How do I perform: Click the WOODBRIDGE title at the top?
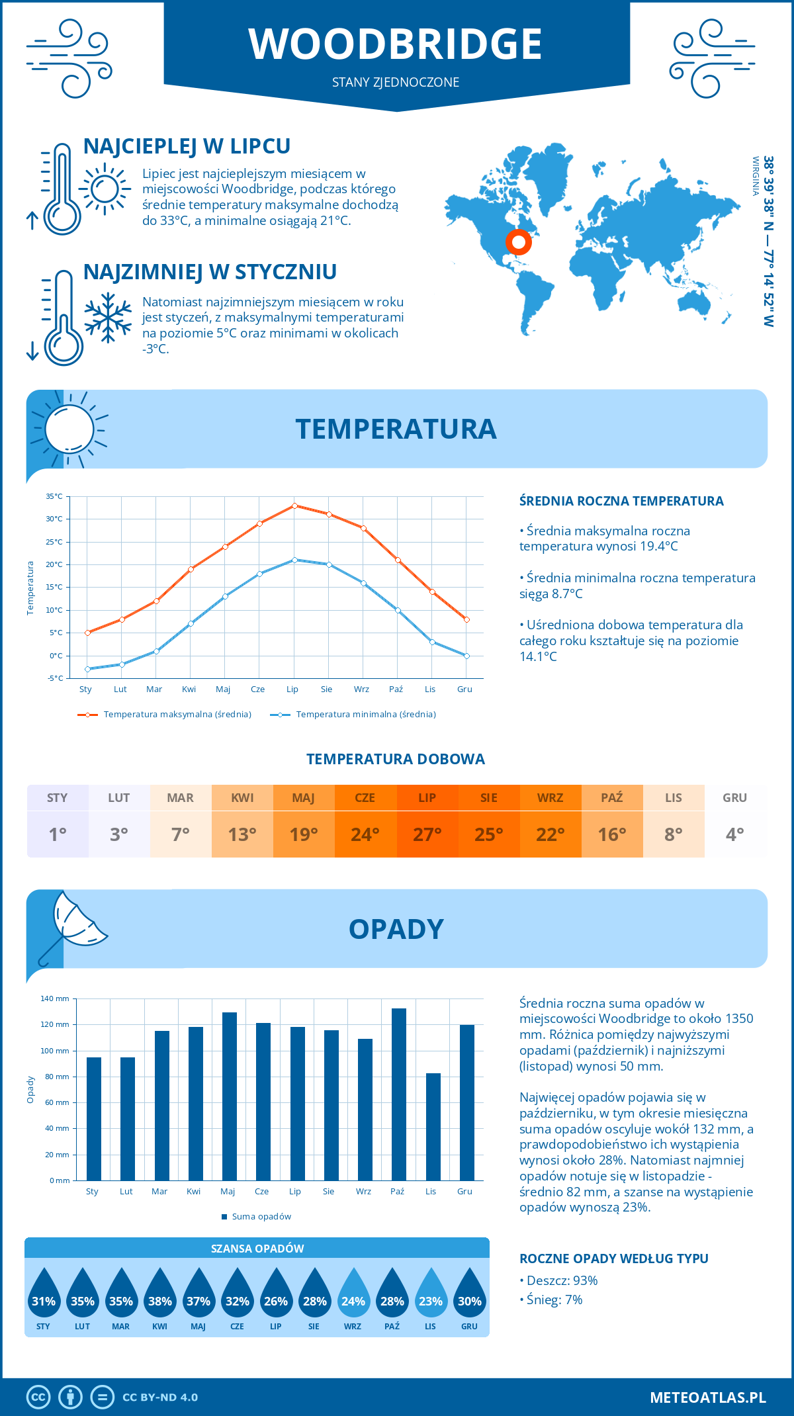click(396, 44)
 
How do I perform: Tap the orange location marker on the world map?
click(519, 242)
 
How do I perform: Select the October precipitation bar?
click(398, 1094)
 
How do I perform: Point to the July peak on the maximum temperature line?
click(294, 506)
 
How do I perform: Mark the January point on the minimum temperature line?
click(87, 669)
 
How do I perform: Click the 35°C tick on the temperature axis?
click(54, 496)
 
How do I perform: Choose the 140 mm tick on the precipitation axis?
click(56, 998)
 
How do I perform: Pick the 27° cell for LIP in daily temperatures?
click(427, 834)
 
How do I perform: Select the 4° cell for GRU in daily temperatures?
click(734, 834)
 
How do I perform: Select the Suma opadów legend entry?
click(261, 1216)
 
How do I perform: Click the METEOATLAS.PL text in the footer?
click(707, 1397)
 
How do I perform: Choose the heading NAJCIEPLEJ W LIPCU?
click(187, 146)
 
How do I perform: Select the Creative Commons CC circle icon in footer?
click(38, 1397)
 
